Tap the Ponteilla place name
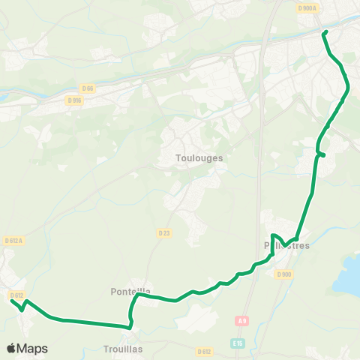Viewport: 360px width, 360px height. (130, 291)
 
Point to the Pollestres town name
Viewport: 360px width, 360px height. (287, 245)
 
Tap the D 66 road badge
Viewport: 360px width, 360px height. (88, 88)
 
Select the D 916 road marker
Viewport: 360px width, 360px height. (73, 100)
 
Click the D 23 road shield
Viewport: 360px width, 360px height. (164, 233)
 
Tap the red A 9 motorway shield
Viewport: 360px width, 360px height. (241, 321)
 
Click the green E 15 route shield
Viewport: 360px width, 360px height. (238, 343)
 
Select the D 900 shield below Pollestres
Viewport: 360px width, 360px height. (283, 274)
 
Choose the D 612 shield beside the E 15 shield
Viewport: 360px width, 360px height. (204, 351)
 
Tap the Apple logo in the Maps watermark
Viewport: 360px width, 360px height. (12, 349)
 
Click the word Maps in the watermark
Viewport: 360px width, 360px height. (33, 349)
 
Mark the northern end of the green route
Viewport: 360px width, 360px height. (325, 32)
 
